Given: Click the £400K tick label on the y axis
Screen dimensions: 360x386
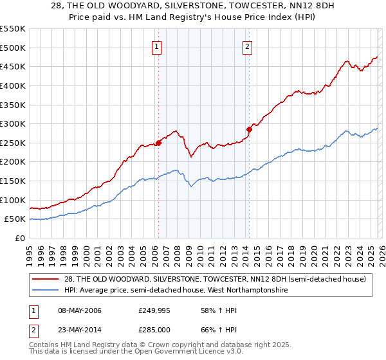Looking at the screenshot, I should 13,85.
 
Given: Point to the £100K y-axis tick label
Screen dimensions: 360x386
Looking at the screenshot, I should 13,200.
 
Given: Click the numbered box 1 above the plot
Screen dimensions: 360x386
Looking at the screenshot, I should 157,46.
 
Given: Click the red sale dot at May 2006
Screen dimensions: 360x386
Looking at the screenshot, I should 158,143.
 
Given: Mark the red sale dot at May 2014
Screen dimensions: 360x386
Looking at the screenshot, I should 249,129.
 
